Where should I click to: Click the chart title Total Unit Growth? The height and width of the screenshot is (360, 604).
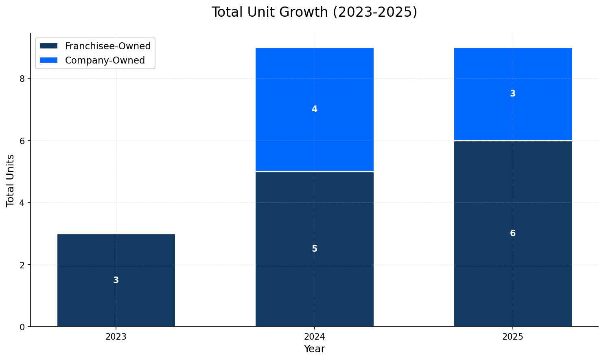coord(314,12)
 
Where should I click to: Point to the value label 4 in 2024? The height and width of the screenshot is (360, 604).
coord(314,109)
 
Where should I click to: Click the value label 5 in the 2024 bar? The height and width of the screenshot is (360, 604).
coord(314,249)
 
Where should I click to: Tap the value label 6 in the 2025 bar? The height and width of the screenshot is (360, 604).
coord(513,233)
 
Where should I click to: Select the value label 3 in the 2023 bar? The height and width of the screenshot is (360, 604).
coord(116,280)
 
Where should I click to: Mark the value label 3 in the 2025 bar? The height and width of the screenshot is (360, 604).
coord(513,94)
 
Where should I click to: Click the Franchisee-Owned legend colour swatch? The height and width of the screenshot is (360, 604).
coord(49,46)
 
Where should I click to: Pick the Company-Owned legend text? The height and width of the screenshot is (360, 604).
coord(105,60)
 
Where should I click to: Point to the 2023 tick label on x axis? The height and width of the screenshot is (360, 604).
coord(116,337)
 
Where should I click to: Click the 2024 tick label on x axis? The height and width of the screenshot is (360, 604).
coord(314,337)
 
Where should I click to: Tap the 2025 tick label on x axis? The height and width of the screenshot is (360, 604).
coord(513,337)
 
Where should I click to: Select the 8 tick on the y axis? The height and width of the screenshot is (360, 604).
coord(22,79)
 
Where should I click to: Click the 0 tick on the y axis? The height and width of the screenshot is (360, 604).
coord(22,327)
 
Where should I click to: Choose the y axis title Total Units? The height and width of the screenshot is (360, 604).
coord(11,180)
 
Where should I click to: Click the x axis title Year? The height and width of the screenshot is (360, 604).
coord(314,349)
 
